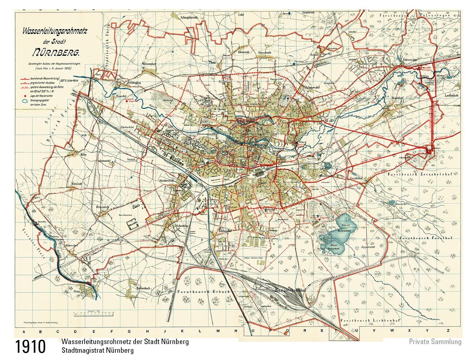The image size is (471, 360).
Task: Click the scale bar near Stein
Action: coord(94,311)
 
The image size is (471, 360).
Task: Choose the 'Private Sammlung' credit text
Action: coord(435,341)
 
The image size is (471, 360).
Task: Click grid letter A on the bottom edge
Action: coord(24,331)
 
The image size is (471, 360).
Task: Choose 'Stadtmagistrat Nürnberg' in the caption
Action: coord(98,351)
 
